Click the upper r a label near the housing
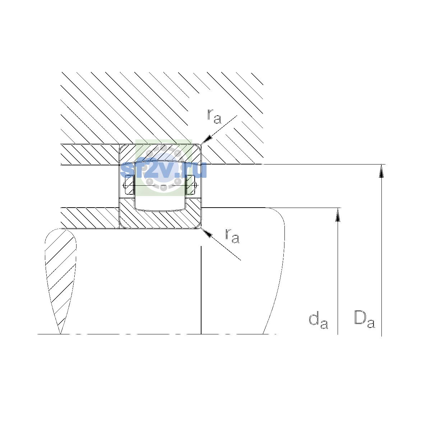214,116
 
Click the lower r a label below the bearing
232,236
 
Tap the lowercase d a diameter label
318,321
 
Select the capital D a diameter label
365,319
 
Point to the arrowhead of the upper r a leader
206,139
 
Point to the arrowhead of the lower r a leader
207,233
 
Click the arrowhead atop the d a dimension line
338,215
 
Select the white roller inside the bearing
160,186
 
